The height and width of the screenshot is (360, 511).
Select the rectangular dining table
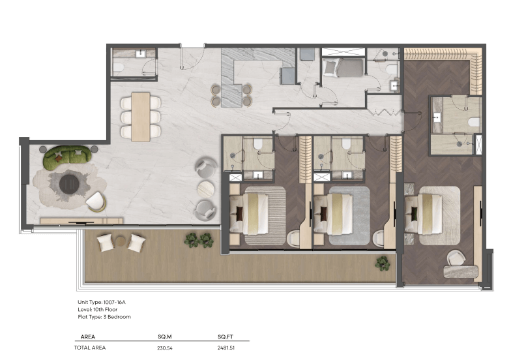click(x=141, y=117)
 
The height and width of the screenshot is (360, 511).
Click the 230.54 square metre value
click(x=165, y=348)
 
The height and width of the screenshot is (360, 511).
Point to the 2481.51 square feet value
click(x=226, y=348)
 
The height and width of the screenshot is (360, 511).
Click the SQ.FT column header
click(x=226, y=337)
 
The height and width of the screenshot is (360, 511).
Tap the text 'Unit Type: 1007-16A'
click(x=102, y=302)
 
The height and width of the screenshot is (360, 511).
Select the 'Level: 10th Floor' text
click(x=98, y=309)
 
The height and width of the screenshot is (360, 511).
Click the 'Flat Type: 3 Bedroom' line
click(x=104, y=317)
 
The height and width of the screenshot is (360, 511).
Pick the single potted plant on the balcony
click(x=382, y=263)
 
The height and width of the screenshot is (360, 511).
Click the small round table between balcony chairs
click(x=121, y=241)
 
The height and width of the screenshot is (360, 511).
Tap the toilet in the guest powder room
click(x=118, y=68)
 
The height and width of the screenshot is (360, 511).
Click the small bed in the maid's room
click(x=343, y=67)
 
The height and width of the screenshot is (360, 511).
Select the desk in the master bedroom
click(x=461, y=271)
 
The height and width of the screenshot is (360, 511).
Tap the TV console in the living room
click(x=81, y=220)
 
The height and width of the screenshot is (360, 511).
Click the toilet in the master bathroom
click(x=474, y=123)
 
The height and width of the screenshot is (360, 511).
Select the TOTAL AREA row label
click(x=90, y=348)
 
